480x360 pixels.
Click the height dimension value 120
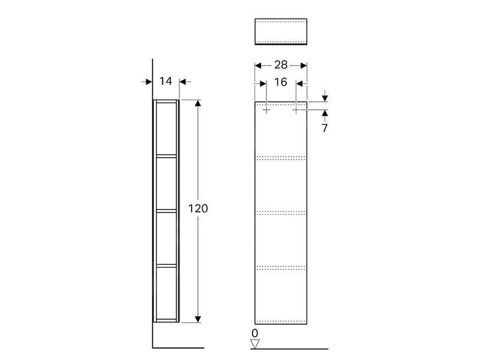pos(199,209)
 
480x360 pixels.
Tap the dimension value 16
pos(281,82)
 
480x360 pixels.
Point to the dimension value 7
pos(325,128)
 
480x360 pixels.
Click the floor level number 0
pos(255,333)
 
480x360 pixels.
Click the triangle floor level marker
pos(255,344)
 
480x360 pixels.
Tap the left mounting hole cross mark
pos(266,110)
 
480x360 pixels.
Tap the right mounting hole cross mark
pos(296,110)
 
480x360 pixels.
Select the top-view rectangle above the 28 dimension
pos(281,31)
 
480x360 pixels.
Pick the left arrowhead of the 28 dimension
pos(259,65)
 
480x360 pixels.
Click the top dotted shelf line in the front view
pos(281,158)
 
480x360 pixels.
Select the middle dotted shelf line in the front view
pos(281,212)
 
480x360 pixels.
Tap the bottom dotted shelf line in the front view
pos(281,266)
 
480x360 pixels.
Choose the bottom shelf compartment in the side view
pos(167,292)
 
